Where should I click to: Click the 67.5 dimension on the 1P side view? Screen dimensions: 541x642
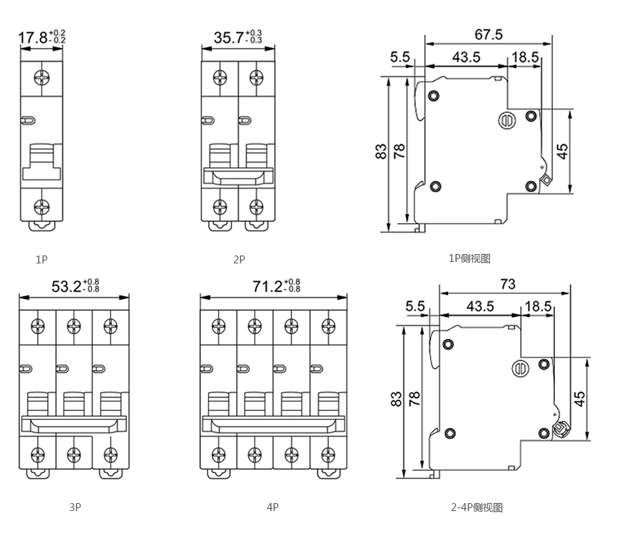(x=489, y=34)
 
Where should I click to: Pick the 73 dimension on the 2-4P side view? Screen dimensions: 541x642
(x=507, y=284)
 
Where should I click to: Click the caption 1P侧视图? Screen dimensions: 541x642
(x=469, y=258)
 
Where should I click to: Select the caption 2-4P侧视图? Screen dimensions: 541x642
(x=477, y=507)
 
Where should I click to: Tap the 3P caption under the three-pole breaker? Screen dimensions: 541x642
(x=75, y=507)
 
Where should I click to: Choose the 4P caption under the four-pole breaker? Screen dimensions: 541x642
(x=272, y=507)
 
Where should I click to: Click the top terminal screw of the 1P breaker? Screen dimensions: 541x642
(x=42, y=76)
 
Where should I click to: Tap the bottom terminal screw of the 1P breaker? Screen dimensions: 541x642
(x=42, y=207)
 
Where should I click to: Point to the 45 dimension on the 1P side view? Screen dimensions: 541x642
(x=563, y=151)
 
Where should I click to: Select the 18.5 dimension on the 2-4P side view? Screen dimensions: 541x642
(x=538, y=307)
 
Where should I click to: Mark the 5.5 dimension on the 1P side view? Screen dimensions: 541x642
(x=400, y=57)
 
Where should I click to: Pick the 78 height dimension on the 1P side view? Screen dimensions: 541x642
(x=399, y=151)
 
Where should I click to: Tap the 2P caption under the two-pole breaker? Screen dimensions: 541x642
(x=239, y=260)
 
